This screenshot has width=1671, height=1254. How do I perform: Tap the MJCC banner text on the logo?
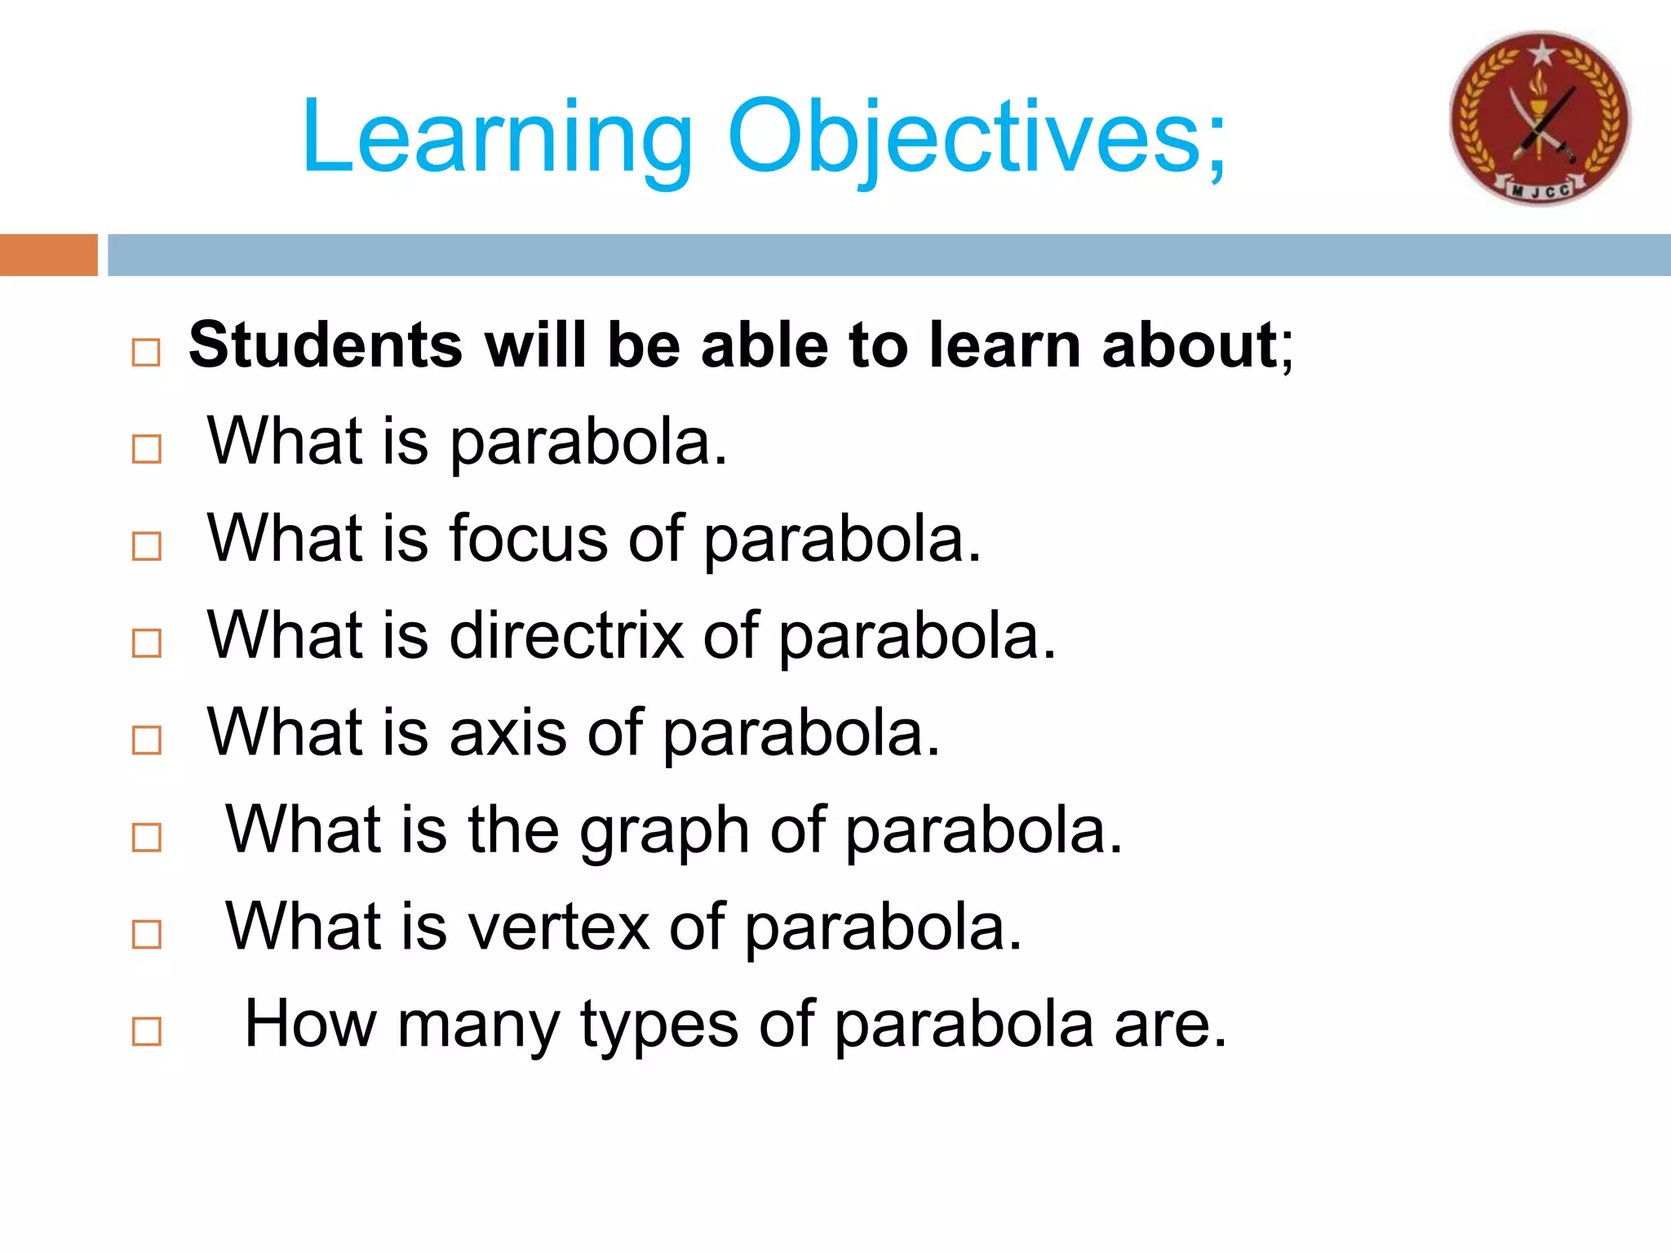pos(1540,190)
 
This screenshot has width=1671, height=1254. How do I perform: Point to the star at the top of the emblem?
pos(1541,54)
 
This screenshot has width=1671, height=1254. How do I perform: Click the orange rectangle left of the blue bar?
pos(48,255)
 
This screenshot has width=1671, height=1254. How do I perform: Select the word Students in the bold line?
pos(326,345)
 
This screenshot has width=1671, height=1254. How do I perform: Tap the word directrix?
pos(566,636)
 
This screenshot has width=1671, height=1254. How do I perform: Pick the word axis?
pos(508,733)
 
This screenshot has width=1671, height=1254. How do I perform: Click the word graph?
pos(664,831)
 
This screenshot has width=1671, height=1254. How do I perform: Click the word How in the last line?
pos(310,1024)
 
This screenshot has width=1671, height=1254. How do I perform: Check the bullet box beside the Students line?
pos(146,353)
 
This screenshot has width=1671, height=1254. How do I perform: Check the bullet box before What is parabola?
pos(146,449)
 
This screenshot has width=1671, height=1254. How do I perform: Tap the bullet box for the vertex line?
pos(146,934)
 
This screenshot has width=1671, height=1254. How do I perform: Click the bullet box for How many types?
pos(146,1031)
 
